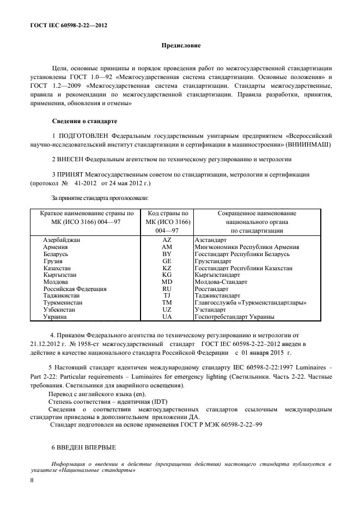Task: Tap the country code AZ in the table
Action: (167, 240)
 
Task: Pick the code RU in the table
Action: (167, 289)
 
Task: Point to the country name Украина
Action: (55, 317)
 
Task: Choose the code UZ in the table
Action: (167, 310)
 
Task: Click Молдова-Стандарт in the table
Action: (221, 282)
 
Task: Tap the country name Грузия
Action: (53, 261)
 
